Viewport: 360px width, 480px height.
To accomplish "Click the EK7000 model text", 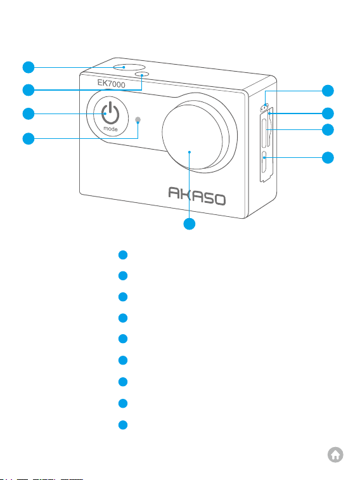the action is pos(111,83).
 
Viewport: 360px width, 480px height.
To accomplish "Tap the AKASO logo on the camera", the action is pos(197,196).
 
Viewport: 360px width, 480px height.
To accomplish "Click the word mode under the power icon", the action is pos(110,129).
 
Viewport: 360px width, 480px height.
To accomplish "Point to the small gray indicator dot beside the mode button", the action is pos(138,120).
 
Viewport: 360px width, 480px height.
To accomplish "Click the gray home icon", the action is pos(335,455).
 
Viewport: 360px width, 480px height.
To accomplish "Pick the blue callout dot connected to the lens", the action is pos(190,224).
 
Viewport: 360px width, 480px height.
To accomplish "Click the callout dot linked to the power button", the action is pos(29,114).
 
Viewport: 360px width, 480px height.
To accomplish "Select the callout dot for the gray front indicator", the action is pos(29,138).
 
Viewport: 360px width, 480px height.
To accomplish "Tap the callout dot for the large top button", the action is pos(29,67).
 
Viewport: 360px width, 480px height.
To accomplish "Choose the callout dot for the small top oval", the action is pos(29,90).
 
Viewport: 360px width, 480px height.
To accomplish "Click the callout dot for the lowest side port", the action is pos(328,158).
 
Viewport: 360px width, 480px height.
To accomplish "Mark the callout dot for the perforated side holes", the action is pos(328,91).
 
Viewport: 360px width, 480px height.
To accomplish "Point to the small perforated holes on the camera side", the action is pos(264,107).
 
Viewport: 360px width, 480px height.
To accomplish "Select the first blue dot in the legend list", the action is pos(123,255).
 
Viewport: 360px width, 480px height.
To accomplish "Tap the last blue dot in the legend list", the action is pos(123,425).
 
